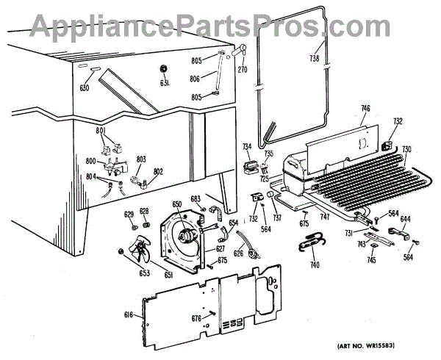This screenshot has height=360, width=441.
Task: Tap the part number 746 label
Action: tap(365, 109)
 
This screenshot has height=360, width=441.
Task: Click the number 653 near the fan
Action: tap(144, 273)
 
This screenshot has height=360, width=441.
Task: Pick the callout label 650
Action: tap(176, 204)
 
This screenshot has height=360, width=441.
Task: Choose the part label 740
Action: tap(315, 264)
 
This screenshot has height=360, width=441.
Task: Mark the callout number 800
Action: tap(91, 160)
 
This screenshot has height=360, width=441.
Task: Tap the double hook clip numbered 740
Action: tap(312, 245)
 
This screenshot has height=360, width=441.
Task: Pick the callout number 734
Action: tap(246, 147)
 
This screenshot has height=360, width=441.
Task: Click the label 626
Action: tap(239, 254)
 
